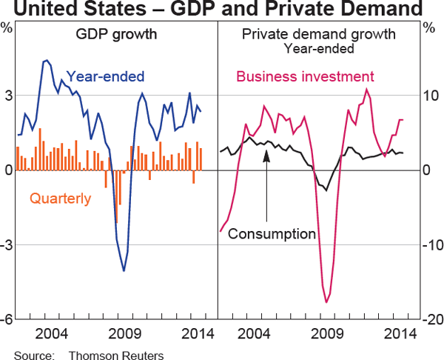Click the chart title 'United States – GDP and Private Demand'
click(222, 10)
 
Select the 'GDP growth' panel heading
click(112, 35)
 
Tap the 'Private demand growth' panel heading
click(319, 35)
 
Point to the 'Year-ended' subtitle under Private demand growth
click(319, 49)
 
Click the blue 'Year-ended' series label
click(105, 76)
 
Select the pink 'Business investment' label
click(305, 76)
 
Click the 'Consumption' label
click(272, 234)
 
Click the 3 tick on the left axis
click(7, 95)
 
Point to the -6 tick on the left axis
click(6, 319)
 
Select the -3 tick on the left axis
click(6, 244)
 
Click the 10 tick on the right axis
click(430, 95)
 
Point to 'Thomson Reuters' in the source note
click(116, 354)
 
